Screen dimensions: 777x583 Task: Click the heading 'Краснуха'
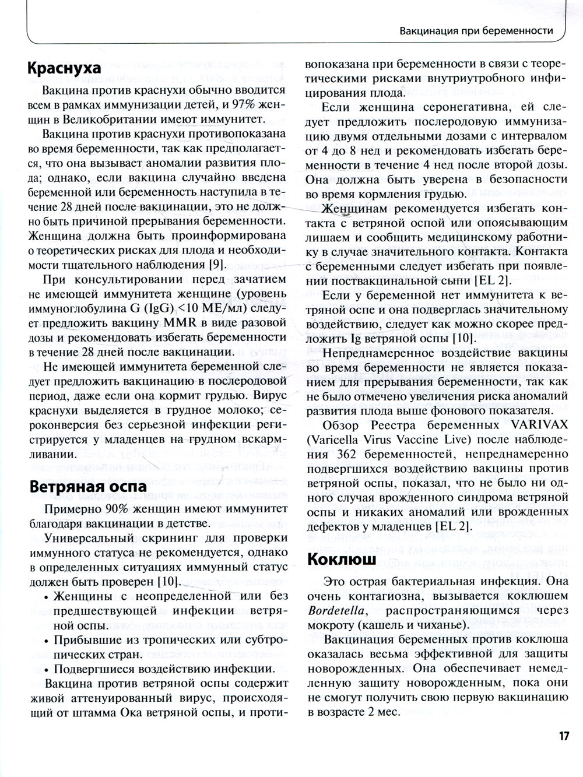pos(64,68)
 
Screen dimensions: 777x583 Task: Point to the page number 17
pos(563,736)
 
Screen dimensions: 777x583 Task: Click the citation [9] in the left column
pos(215,265)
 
